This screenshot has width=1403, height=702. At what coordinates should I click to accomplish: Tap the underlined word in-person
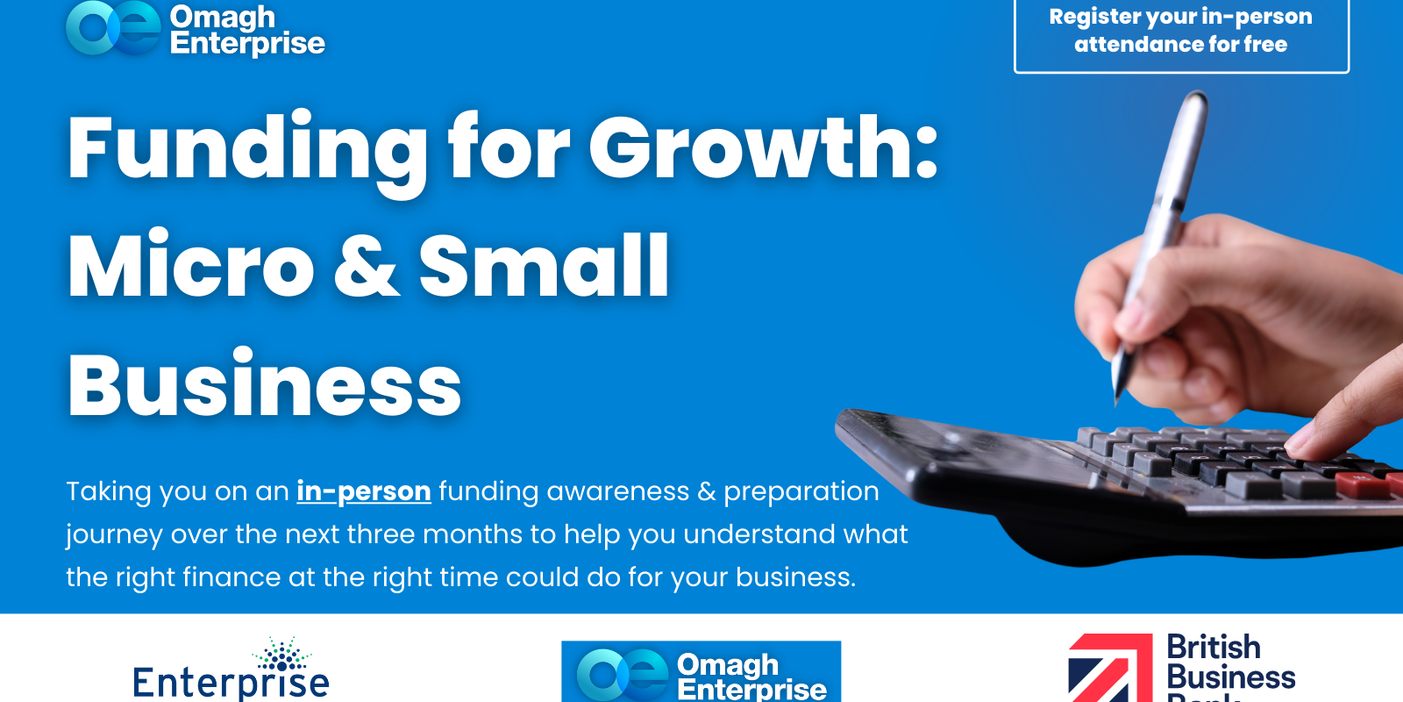click(364, 491)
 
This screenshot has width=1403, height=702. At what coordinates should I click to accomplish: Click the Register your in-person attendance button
click(1180, 32)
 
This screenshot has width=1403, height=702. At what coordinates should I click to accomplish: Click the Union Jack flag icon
click(1110, 669)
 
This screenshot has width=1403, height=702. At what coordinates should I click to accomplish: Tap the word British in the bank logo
click(1214, 648)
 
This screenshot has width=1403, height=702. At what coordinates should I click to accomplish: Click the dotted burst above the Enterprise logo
click(282, 655)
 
